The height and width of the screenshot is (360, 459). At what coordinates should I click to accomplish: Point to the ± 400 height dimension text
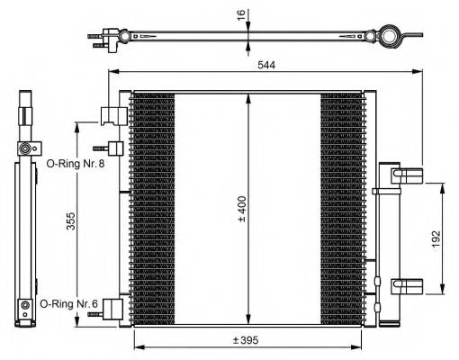[240, 209]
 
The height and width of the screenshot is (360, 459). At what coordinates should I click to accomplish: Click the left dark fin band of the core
[151, 207]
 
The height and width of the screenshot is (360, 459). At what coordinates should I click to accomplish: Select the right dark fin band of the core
[339, 207]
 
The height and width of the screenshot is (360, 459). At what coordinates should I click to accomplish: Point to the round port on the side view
[27, 147]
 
